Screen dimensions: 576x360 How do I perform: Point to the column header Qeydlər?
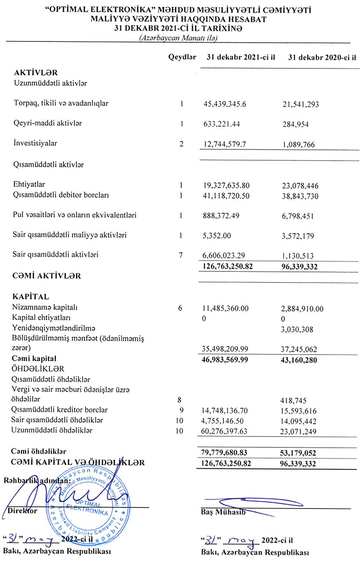pyautogui.click(x=182, y=57)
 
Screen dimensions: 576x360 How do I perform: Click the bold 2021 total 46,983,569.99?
pyautogui.click(x=229, y=359)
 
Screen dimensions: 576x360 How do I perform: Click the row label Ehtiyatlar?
pyautogui.click(x=30, y=184)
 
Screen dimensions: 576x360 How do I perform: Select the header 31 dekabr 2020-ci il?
pyautogui.click(x=321, y=57)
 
